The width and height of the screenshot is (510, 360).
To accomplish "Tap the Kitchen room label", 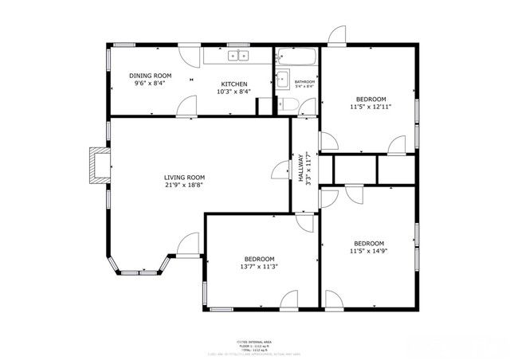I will (x=234, y=84).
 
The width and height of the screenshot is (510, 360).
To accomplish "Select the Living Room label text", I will (x=185, y=177).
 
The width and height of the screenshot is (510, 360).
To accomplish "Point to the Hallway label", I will (x=302, y=168).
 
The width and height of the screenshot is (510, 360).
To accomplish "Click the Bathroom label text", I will (x=304, y=82).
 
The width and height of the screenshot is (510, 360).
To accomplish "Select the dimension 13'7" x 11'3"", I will (x=260, y=267).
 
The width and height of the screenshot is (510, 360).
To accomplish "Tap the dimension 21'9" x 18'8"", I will (x=185, y=185).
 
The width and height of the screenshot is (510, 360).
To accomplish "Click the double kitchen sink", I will (x=238, y=56).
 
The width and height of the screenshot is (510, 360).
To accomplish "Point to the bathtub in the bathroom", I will (x=296, y=57).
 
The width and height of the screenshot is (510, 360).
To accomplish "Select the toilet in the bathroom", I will (x=289, y=104).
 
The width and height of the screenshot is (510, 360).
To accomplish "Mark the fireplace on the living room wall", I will (x=99, y=165).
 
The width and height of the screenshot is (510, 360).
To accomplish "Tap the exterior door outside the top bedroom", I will (x=338, y=35).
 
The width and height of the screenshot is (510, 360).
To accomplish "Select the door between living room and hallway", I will (x=280, y=169).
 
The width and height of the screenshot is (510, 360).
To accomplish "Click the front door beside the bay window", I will (x=188, y=245).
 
